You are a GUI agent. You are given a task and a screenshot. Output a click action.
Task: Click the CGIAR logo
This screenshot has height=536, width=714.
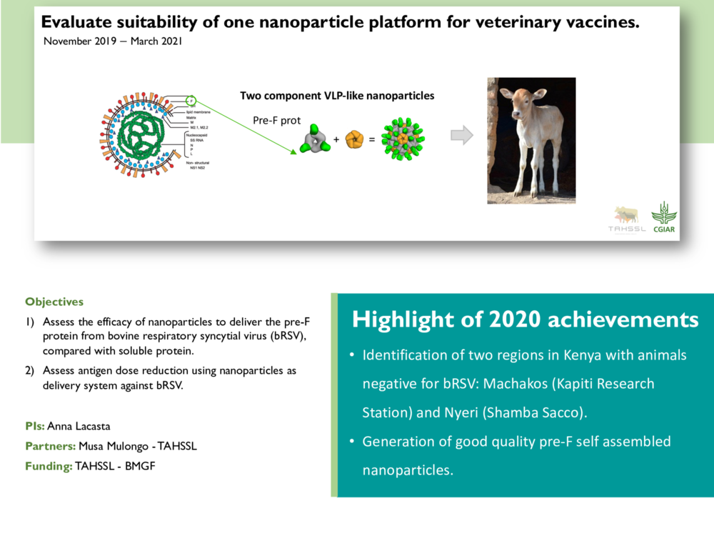click(x=663, y=217)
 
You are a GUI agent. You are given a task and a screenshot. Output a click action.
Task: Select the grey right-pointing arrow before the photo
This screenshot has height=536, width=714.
click(x=463, y=134)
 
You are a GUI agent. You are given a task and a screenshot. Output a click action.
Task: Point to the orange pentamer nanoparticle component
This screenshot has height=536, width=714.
click(x=355, y=139)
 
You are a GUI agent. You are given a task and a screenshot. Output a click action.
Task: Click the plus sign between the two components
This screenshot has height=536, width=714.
click(x=336, y=140)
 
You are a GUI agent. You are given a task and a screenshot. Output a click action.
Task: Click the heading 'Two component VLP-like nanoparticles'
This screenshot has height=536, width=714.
click(x=336, y=96)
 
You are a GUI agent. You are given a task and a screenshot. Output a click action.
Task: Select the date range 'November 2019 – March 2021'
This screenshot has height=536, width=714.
click(x=113, y=41)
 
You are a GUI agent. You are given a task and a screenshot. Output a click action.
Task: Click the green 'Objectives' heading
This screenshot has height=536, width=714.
click(x=54, y=302)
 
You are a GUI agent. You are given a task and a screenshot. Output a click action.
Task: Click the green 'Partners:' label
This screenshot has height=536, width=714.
click(x=50, y=446)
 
